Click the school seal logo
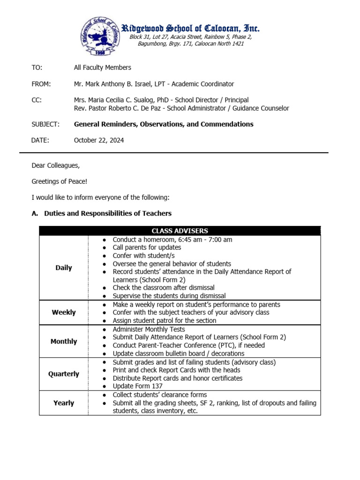pos(100,36)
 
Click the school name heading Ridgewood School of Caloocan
pos(190,28)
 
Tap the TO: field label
pos(37,68)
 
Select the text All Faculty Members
pos(102,68)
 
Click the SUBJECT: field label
pos(45,125)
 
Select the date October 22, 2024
pos(99,141)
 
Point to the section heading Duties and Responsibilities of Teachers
pos(108,214)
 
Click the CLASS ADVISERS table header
pos(180,231)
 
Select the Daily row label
pos(64,268)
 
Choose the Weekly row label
pos(64,313)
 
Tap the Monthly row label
pos(64,342)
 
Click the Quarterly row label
pos(64,375)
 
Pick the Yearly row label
pos(64,403)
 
